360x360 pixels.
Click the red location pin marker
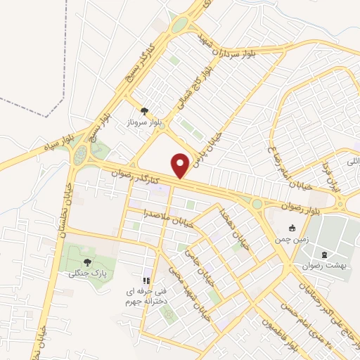tap(181, 166)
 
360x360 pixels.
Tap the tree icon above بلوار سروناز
tap(144, 110)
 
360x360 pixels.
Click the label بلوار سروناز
tap(145, 122)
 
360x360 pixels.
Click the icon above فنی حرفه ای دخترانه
tap(147, 281)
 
